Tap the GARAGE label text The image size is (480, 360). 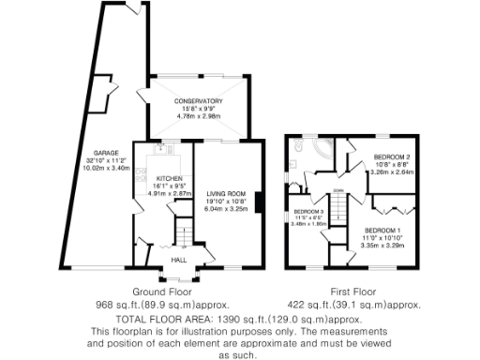pyautogui.click(x=104, y=152)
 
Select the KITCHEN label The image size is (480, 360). pyautogui.click(x=168, y=177)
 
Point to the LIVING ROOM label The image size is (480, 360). pyautogui.click(x=225, y=194)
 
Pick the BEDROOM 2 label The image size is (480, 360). pyautogui.click(x=393, y=156)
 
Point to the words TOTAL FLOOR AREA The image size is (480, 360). pyautogui.click(x=158, y=319)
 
